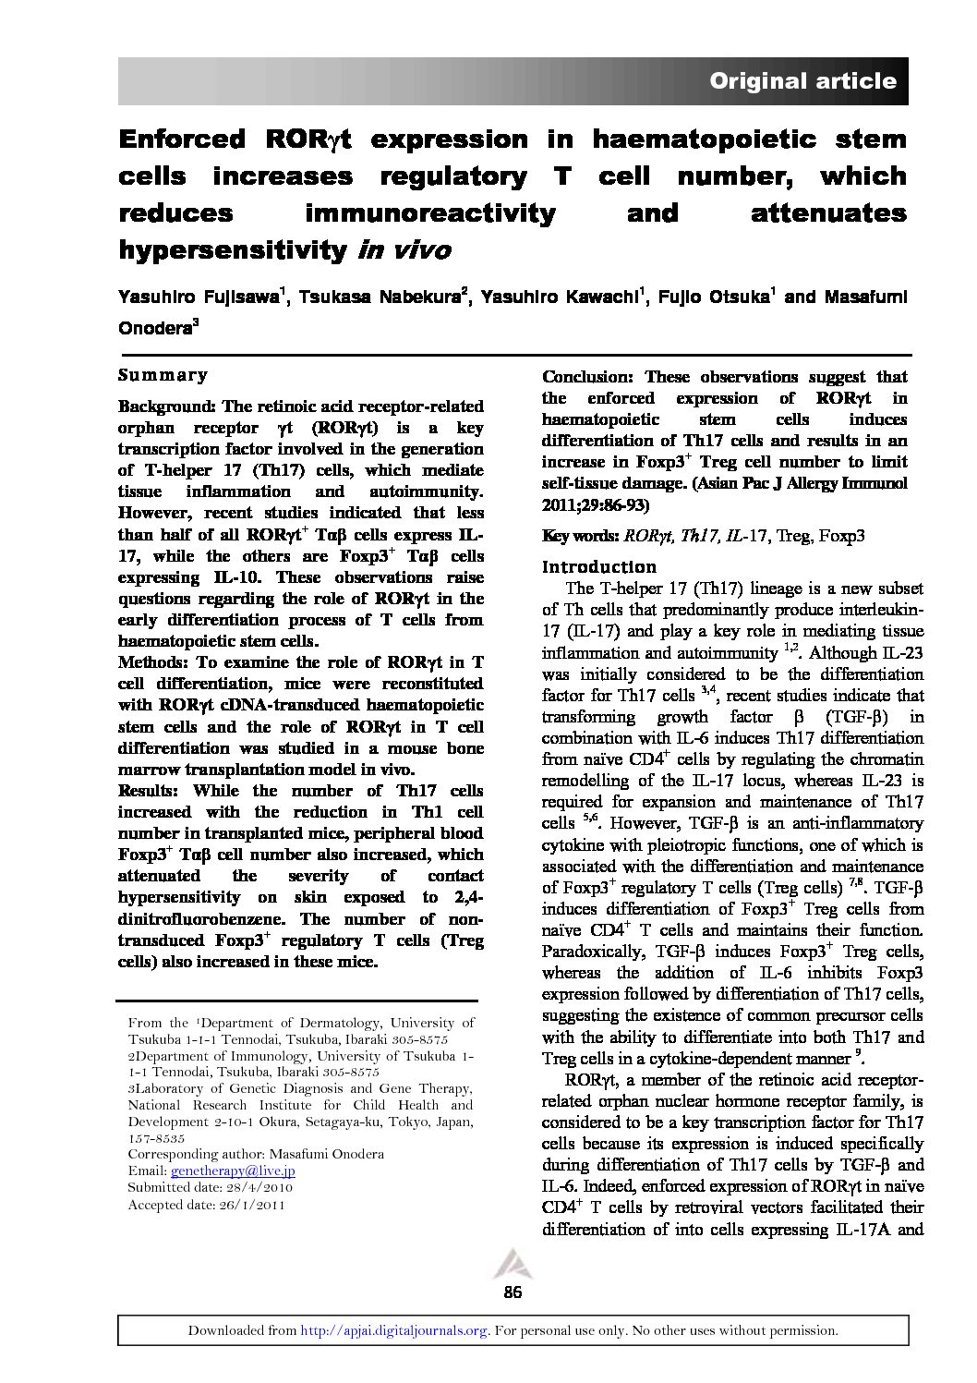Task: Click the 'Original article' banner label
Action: point(802,81)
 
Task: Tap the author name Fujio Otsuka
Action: point(718,297)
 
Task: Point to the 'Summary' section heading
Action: point(163,375)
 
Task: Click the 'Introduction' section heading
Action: point(599,566)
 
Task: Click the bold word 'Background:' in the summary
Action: point(166,406)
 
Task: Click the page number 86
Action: point(513,1292)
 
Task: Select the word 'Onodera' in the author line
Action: point(154,328)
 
